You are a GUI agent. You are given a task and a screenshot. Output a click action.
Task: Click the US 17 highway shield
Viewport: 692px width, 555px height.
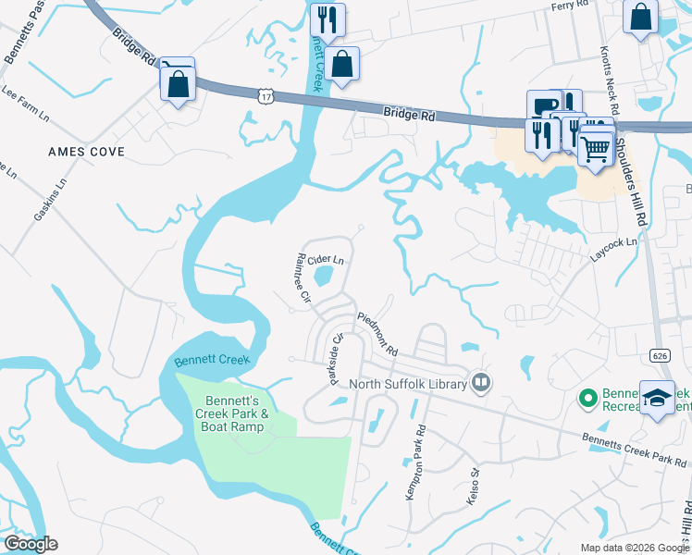pos(266,94)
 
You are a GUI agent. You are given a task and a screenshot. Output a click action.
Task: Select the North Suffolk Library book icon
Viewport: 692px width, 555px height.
pos(480,382)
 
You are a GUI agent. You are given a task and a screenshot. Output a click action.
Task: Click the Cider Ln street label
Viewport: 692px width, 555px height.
pos(326,260)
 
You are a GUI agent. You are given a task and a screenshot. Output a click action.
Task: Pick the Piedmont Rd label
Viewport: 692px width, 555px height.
pos(377,332)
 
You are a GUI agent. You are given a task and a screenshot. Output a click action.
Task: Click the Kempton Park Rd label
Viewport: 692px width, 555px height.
pos(414,462)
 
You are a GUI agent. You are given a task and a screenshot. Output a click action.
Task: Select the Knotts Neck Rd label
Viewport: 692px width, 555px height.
pos(606,69)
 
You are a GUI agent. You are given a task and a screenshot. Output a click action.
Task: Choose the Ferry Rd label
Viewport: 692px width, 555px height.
pos(569,6)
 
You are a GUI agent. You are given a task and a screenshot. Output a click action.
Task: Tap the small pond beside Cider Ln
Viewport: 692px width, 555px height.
pos(324,276)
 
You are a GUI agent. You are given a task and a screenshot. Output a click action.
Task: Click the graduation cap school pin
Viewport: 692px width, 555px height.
pos(658,399)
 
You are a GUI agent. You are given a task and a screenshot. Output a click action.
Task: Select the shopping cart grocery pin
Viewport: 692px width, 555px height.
pos(596,146)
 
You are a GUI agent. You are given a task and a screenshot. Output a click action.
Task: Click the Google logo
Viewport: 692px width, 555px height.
pos(31,544)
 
